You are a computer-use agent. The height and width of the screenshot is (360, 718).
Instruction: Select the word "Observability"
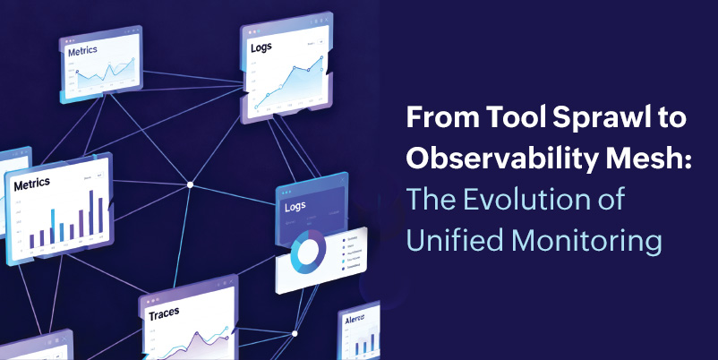tap(490, 159)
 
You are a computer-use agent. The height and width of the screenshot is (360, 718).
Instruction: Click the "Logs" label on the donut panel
tap(295, 207)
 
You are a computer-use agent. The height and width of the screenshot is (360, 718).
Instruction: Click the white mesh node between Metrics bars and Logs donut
tap(190, 184)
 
